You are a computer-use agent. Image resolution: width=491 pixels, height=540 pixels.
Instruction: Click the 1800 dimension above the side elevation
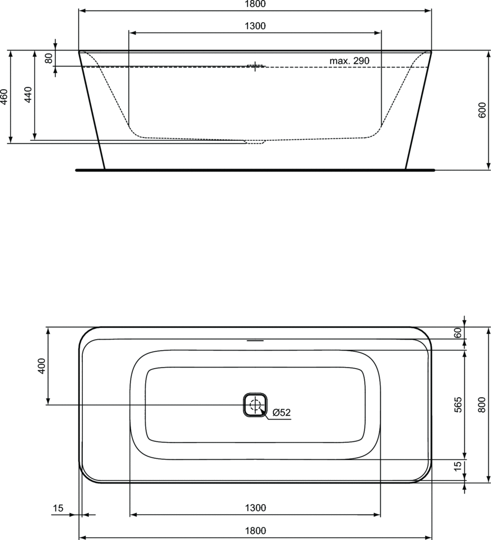click(x=255, y=4)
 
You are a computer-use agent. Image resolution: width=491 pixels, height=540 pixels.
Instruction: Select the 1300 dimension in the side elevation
click(x=255, y=26)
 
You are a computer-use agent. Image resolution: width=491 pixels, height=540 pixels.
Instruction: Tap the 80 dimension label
click(x=49, y=58)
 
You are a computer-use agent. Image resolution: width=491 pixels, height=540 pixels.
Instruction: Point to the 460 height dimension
click(x=4, y=97)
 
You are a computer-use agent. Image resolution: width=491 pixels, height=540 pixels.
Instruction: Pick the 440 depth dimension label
click(x=29, y=94)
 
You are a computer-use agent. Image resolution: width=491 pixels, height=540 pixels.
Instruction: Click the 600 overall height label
click(x=482, y=110)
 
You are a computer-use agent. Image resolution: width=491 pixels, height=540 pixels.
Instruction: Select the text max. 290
click(x=350, y=61)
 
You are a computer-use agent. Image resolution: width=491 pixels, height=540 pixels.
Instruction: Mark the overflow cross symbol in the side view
click(x=256, y=66)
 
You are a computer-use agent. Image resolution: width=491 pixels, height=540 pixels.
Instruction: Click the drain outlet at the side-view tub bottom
click(x=256, y=142)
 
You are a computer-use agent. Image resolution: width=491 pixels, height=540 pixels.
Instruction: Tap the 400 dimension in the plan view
click(x=42, y=365)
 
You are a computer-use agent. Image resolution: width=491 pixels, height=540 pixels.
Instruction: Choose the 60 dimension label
click(x=458, y=333)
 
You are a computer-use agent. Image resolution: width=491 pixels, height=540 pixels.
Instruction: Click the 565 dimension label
click(x=458, y=404)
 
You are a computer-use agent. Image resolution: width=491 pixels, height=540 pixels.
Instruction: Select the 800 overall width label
click(x=481, y=404)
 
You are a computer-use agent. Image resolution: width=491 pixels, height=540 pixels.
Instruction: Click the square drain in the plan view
click(x=256, y=405)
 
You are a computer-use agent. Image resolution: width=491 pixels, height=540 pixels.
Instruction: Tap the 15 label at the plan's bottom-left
click(x=58, y=508)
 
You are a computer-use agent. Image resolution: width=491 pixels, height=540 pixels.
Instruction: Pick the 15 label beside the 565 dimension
click(x=458, y=466)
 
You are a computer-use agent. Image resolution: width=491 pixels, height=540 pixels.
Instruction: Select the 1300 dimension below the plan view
click(x=255, y=508)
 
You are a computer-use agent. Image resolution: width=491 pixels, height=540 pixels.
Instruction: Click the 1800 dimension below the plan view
click(x=255, y=531)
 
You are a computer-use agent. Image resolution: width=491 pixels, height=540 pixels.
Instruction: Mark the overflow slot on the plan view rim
click(x=256, y=340)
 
